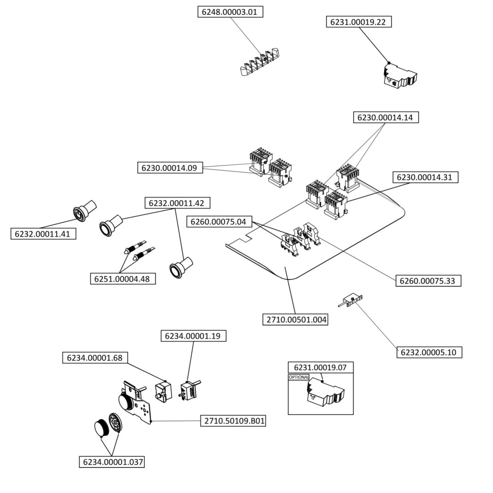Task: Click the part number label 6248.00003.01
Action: click(x=230, y=12)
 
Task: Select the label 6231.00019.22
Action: click(x=358, y=22)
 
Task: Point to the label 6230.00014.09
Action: click(x=169, y=168)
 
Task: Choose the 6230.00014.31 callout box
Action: click(x=424, y=177)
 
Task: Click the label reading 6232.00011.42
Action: click(x=177, y=203)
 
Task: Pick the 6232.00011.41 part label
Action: click(x=43, y=234)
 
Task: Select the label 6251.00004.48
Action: click(x=122, y=279)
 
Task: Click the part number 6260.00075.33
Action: click(x=428, y=281)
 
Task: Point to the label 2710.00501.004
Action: click(x=294, y=320)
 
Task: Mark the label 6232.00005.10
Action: click(x=429, y=352)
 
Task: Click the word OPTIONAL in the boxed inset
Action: click(x=299, y=377)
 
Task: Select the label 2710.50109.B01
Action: click(x=233, y=421)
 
